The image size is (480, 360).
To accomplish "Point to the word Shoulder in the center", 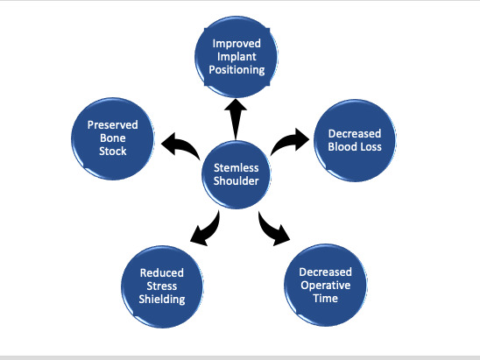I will (x=234, y=181).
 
